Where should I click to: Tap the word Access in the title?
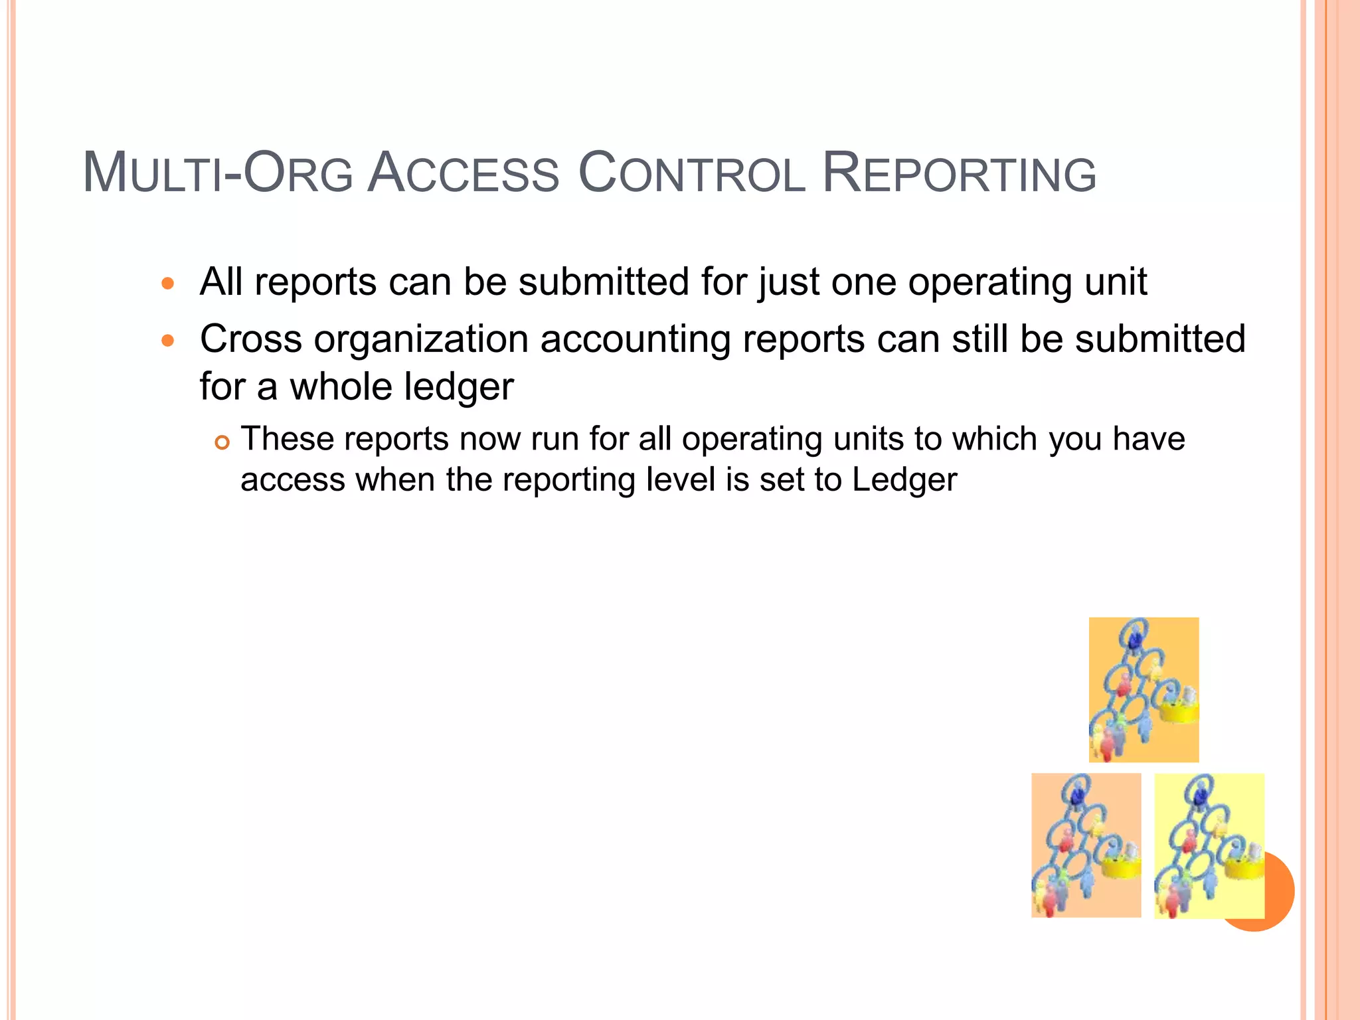click(x=463, y=174)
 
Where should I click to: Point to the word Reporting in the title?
click(x=959, y=174)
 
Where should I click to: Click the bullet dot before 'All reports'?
click(x=168, y=284)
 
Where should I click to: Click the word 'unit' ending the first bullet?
click(x=1116, y=282)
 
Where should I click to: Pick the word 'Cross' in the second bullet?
click(x=251, y=339)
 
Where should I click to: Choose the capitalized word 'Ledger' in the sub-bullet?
click(x=904, y=479)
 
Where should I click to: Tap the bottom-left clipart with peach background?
click(x=1086, y=845)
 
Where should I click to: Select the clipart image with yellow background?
click(x=1209, y=845)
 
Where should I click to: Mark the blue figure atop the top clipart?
click(x=1134, y=639)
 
